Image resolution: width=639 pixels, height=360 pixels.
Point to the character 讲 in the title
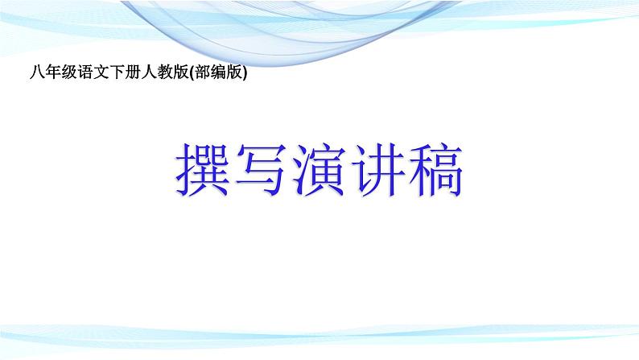pos(377,169)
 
